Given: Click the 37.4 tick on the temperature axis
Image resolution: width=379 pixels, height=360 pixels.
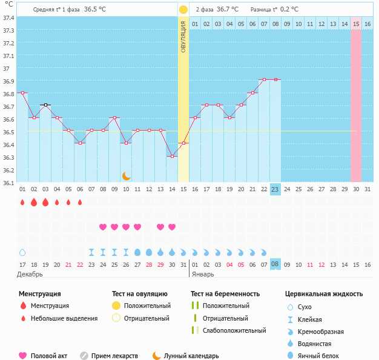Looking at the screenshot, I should click(x=8, y=18).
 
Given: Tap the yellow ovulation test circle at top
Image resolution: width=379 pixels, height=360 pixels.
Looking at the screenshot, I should click(x=183, y=10).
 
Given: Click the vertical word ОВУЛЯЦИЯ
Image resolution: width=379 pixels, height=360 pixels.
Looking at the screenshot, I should click(x=183, y=36).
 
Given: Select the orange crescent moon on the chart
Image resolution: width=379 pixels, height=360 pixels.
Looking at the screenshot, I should click(x=127, y=175).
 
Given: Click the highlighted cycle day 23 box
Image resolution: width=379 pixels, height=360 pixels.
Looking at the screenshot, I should click(x=275, y=189).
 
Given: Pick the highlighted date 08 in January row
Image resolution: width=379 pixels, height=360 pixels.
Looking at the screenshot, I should click(x=275, y=264).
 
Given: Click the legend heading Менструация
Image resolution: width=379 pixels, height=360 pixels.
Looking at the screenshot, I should click(x=40, y=293).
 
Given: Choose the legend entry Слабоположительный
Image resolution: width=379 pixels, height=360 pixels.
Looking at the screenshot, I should click(x=236, y=330).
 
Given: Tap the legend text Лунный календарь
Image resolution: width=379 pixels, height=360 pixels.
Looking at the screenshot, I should click(x=191, y=356).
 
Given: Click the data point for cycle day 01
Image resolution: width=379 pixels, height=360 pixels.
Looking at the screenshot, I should click(x=22, y=93).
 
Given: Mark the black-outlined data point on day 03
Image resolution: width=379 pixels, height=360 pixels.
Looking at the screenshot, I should click(x=45, y=105).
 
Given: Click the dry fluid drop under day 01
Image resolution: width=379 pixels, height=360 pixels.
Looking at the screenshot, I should click(x=22, y=252).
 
